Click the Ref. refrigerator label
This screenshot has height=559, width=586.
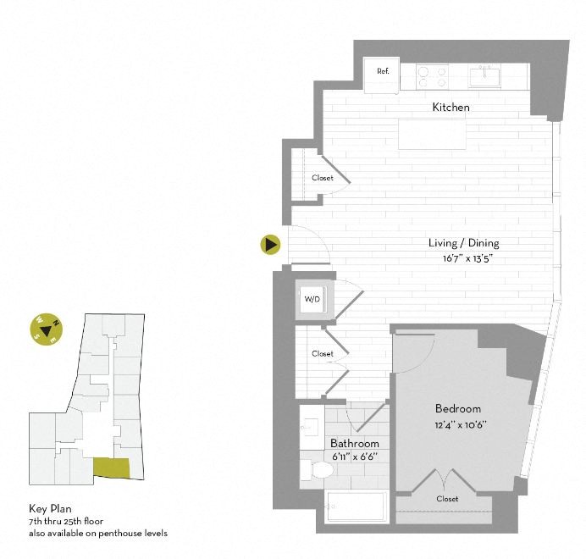[383, 71]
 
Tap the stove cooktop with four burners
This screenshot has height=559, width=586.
[431, 76]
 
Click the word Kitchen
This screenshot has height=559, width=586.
[451, 108]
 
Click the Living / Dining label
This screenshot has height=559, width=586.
[463, 243]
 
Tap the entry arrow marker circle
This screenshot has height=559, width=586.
[270, 245]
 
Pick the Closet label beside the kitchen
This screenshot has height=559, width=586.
[322, 178]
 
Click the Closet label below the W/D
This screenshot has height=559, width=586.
[322, 354]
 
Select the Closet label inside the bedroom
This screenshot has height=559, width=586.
[447, 499]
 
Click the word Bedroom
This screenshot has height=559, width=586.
[458, 409]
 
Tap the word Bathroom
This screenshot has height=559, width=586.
[355, 444]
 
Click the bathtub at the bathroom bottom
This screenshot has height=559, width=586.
[357, 509]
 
